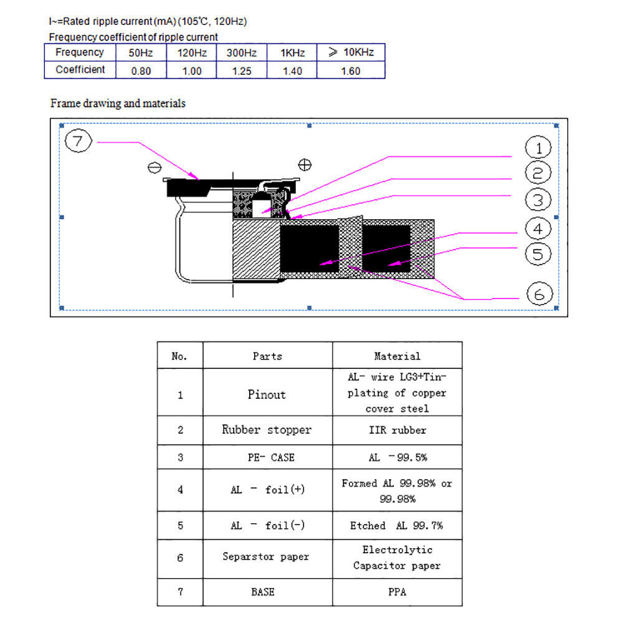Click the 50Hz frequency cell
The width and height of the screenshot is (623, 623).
141,53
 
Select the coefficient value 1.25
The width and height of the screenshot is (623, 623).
241,71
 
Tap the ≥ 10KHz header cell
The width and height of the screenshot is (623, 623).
351,52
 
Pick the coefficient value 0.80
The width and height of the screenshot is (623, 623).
141,71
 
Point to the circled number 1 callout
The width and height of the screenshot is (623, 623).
538,148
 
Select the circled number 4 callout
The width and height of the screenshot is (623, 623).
538,228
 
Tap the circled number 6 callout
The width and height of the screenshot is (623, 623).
540,293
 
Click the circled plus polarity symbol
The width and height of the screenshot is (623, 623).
305,164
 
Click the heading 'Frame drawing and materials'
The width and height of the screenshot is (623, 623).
118,103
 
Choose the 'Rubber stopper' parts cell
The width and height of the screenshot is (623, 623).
267,430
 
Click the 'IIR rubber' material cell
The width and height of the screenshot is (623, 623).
397,430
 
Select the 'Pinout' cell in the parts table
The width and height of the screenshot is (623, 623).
267,394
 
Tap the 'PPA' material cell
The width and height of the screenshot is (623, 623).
397,592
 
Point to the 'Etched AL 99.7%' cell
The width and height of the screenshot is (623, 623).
397,526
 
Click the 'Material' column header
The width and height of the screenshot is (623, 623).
397,356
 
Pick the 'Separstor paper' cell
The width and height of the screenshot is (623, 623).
266,556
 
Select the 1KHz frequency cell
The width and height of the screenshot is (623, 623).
292,53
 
